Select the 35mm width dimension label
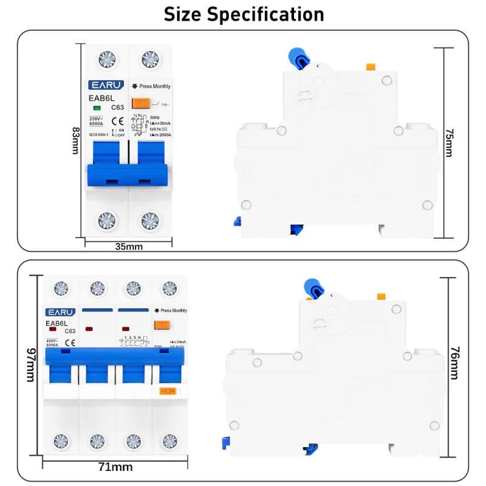pyautogui.click(x=128, y=246)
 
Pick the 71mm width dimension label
pyautogui.click(x=115, y=467)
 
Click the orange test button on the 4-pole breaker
pyautogui.click(x=161, y=325)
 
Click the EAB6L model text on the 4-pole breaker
pyautogui.click(x=56, y=324)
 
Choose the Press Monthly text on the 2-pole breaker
pyautogui.click(x=154, y=86)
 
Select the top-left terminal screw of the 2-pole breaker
pyautogui.click(x=107, y=59)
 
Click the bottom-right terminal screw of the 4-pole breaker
pyautogui.click(x=169, y=440)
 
